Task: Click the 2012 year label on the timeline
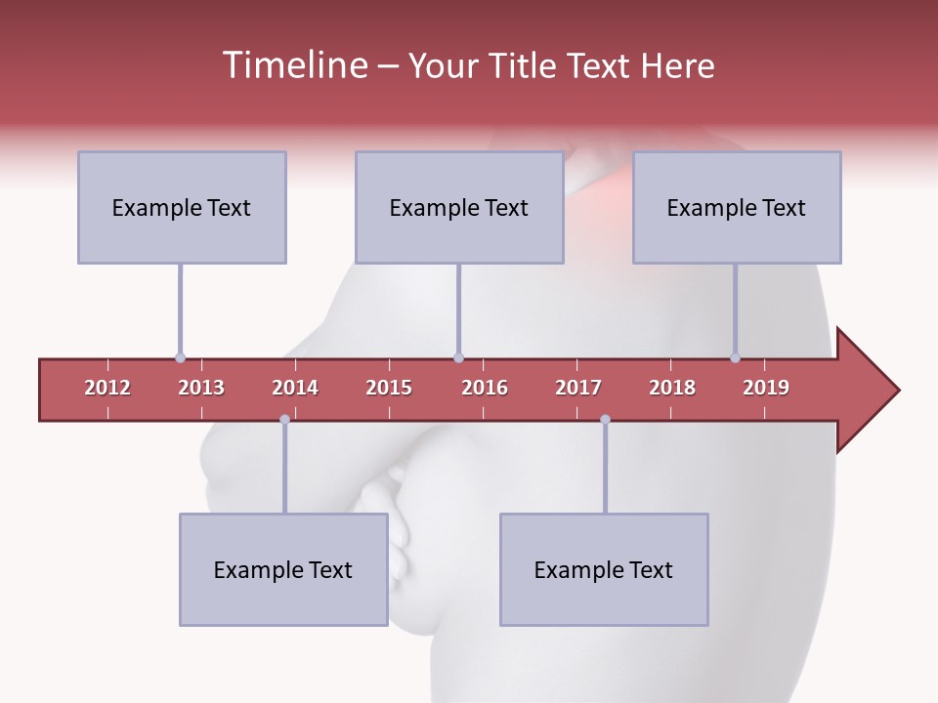[x=107, y=388]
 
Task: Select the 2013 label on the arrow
[x=201, y=388]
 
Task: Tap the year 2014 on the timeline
[x=295, y=388]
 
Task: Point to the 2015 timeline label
[x=389, y=388]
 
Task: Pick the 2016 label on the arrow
[x=485, y=388]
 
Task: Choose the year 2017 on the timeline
[x=578, y=388]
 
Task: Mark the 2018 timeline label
[x=672, y=388]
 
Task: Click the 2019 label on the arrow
[x=766, y=388]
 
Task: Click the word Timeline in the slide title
[x=293, y=65]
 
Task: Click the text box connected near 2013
[x=182, y=207]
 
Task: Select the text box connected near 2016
[x=459, y=207]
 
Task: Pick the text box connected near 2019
[x=737, y=207]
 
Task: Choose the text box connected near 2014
[x=283, y=569]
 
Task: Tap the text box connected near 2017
[x=604, y=569]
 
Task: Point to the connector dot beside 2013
[x=180, y=358]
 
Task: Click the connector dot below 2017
[x=605, y=420]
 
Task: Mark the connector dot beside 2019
[x=735, y=358]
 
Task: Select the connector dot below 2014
[x=284, y=420]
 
